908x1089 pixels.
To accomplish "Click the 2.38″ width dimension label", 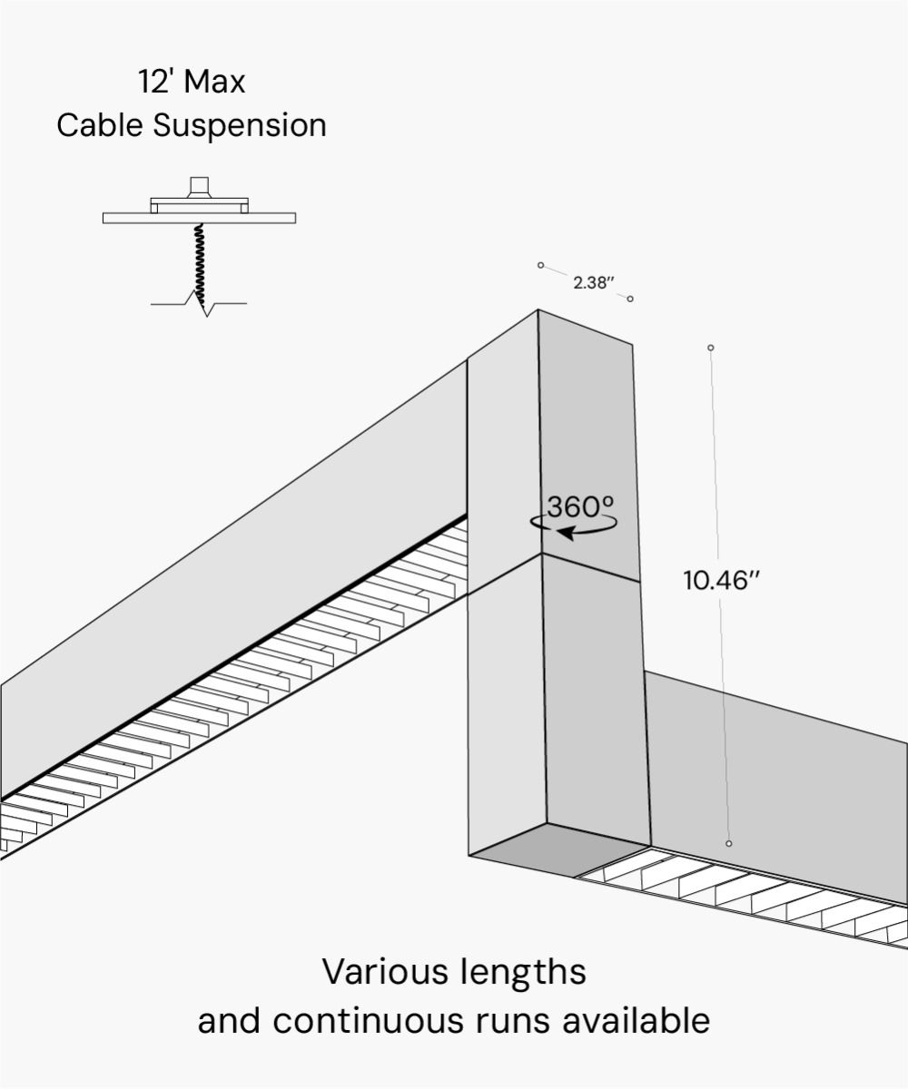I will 594,282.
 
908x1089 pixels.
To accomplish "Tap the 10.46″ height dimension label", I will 721,581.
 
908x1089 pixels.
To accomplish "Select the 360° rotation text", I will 581,506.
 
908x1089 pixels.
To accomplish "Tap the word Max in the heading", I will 213,83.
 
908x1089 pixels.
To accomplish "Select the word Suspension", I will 240,126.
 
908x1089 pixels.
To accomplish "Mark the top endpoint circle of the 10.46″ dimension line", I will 711,348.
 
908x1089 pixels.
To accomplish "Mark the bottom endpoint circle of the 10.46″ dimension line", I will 729,844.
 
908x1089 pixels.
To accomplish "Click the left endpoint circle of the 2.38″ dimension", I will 540,265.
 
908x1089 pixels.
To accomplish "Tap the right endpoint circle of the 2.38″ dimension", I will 630,299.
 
